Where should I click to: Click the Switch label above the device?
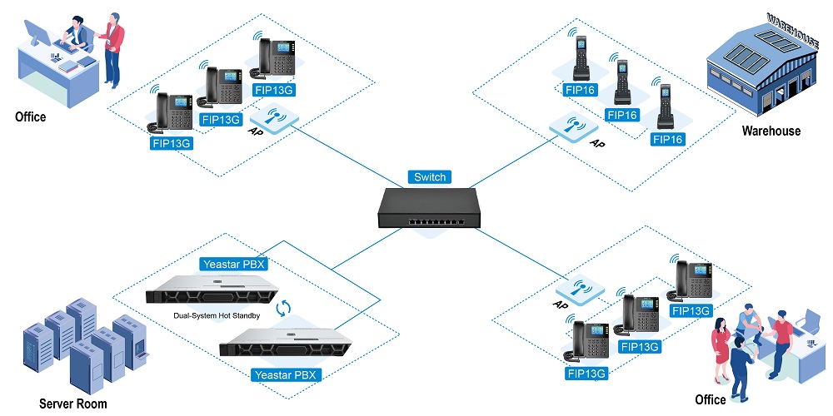click(430, 176)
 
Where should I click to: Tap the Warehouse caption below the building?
click(771, 131)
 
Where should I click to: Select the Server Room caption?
click(73, 404)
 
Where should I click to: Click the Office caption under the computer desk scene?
click(31, 117)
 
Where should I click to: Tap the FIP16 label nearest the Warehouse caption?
click(668, 139)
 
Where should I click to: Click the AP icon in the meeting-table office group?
click(580, 291)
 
